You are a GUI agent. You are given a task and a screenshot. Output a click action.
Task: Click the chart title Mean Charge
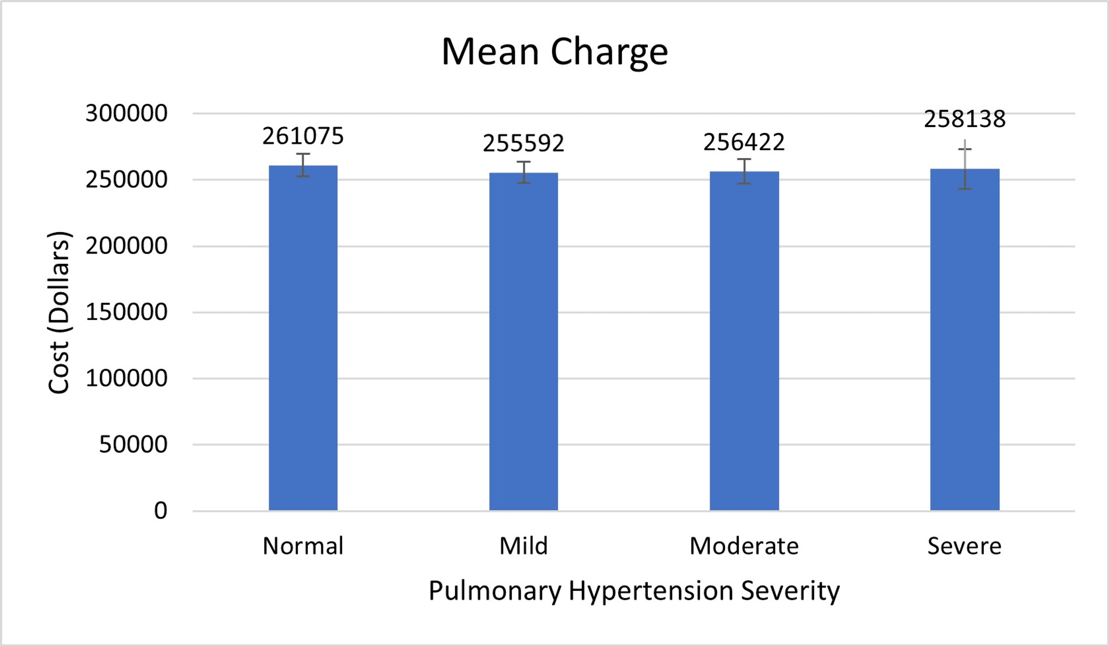[554, 52]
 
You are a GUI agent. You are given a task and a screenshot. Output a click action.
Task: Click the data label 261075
[303, 136]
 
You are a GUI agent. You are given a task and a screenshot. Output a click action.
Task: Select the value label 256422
[744, 142]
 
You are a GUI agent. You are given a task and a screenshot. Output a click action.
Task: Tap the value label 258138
[965, 119]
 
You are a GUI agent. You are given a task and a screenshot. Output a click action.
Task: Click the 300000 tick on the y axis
[126, 113]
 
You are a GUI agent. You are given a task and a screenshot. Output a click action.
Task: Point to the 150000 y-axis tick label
[126, 312]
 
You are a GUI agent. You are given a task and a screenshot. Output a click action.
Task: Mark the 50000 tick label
[133, 444]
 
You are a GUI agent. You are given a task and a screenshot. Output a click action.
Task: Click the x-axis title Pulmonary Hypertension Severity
[634, 591]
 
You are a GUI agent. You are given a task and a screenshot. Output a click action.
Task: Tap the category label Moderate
[744, 546]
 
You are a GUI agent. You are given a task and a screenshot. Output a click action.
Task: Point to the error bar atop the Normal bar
[303, 165]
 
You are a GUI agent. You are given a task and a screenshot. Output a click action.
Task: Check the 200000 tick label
[126, 246]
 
